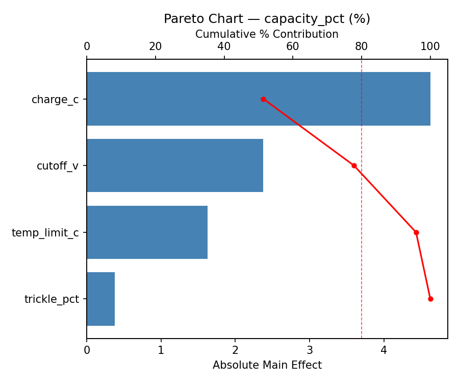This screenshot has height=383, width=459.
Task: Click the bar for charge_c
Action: [258, 99]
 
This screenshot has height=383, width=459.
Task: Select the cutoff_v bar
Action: [175, 165]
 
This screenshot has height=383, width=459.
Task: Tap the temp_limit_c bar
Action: [147, 232]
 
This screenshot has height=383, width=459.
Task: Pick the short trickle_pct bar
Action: [100, 299]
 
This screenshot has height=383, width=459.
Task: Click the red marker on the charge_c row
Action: [263, 99]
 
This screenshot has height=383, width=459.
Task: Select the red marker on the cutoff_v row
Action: [354, 165]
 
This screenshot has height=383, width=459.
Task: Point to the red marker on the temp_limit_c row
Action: [416, 232]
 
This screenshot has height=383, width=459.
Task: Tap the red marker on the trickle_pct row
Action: [430, 299]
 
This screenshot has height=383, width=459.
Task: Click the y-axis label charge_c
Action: [55, 100]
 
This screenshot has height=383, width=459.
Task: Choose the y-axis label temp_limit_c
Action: [45, 233]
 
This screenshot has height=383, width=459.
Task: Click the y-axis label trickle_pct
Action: [52, 299]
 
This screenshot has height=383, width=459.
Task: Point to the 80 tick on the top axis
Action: [362, 47]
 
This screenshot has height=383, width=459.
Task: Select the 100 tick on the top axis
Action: [430, 47]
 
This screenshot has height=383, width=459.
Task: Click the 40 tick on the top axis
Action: [224, 47]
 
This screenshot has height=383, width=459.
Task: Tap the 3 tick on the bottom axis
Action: [310, 350]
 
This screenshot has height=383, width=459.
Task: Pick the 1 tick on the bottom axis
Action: [161, 350]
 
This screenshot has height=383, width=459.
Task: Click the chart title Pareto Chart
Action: [267, 19]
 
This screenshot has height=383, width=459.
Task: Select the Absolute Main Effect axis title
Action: [267, 365]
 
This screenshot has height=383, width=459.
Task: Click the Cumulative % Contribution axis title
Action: [267, 34]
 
